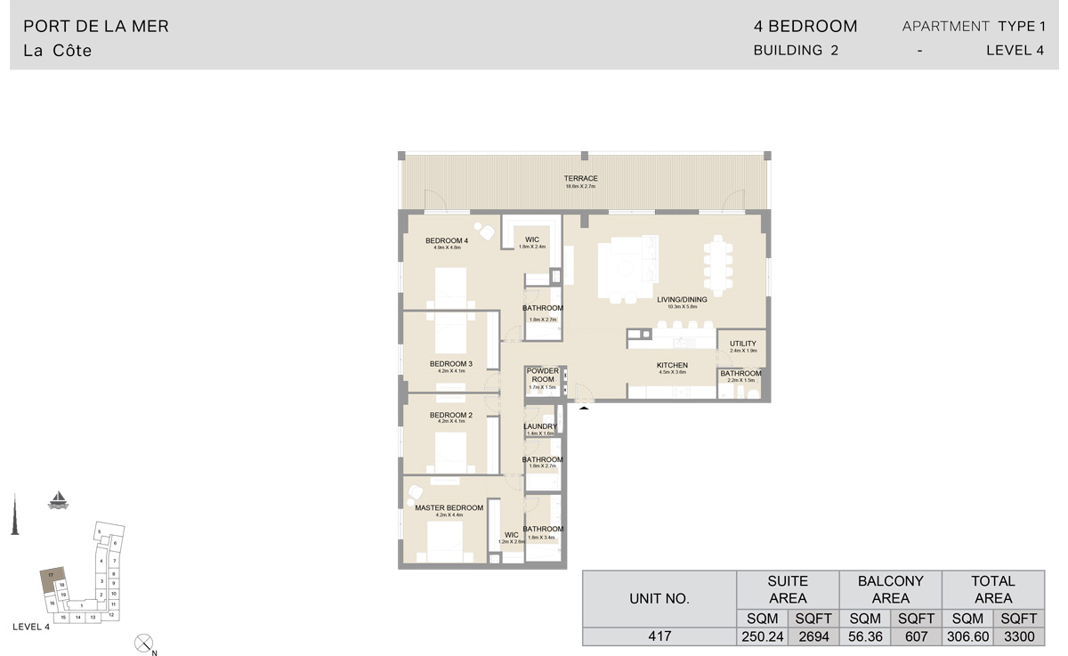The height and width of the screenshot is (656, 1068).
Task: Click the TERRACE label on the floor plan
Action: click(580, 179)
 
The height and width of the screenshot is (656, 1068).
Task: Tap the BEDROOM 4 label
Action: click(446, 241)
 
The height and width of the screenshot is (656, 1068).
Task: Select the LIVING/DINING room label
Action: click(682, 300)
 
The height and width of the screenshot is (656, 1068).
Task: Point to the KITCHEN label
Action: click(672, 366)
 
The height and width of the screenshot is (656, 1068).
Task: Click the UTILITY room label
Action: click(742, 344)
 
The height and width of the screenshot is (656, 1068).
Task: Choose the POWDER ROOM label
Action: click(542, 376)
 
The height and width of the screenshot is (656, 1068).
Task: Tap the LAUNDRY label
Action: click(540, 426)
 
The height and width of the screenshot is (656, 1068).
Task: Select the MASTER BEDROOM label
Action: click(449, 508)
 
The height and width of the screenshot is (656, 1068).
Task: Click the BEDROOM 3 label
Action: click(450, 364)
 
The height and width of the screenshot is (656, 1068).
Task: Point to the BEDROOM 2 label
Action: click(450, 416)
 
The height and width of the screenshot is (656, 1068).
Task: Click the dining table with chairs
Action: click(719, 263)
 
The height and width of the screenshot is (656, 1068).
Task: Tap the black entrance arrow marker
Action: click(584, 408)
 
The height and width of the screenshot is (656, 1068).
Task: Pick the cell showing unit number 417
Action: click(659, 636)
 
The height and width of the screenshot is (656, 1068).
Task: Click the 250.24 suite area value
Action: click(762, 636)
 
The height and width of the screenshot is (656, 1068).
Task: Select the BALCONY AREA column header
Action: click(890, 589)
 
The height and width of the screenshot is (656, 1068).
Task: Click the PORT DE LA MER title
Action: click(96, 27)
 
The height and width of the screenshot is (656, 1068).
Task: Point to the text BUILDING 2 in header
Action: click(796, 51)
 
